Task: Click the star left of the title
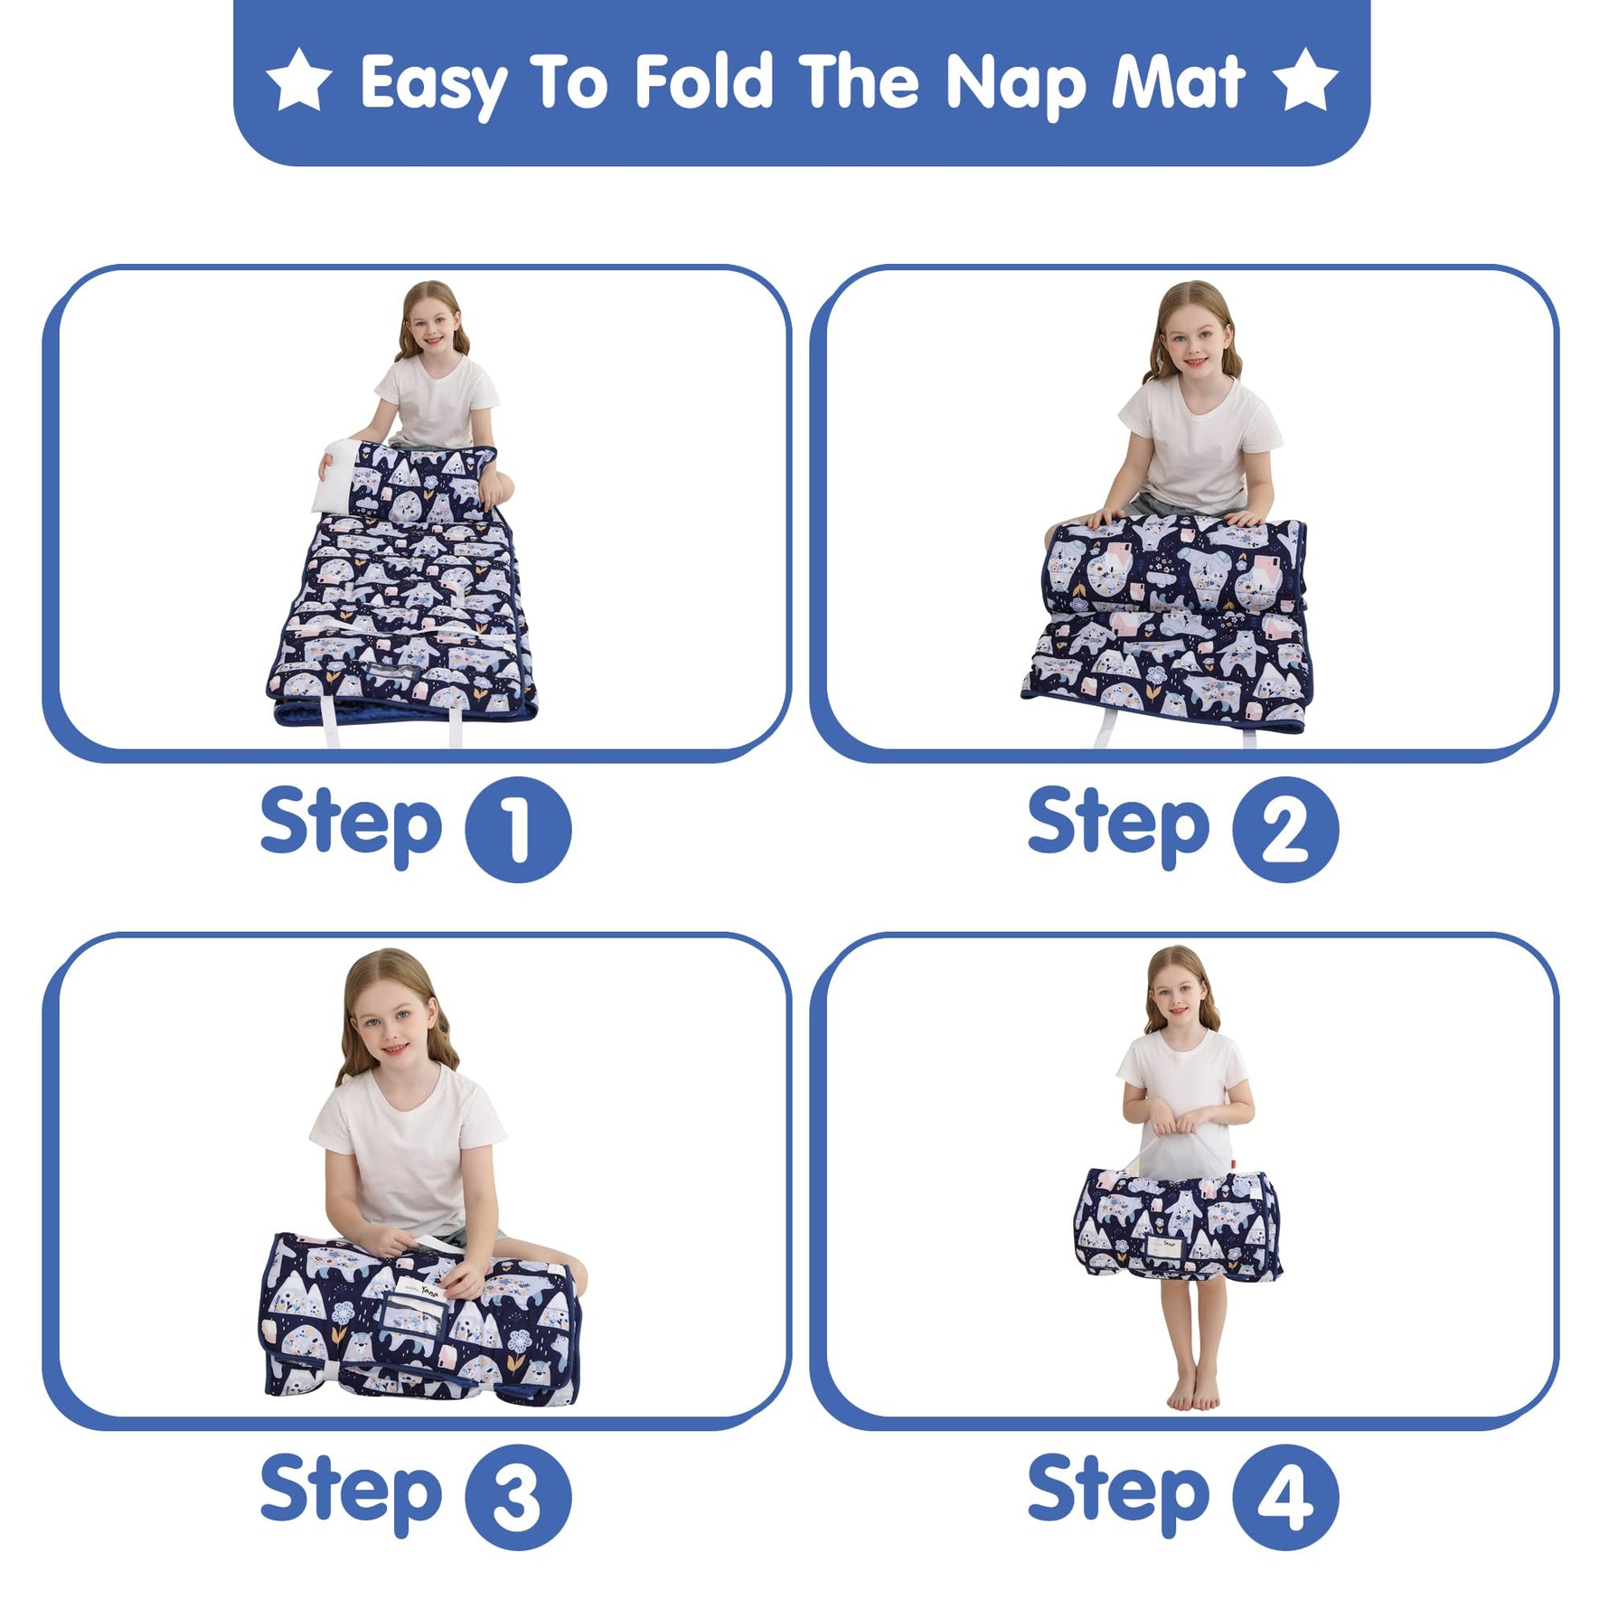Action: (x=299, y=80)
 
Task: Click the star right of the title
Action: (x=1305, y=80)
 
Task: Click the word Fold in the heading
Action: (x=704, y=81)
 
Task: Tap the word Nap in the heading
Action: (x=1016, y=85)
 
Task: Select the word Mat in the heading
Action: (x=1179, y=81)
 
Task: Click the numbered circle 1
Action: (x=518, y=829)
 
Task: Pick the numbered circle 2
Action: (x=1285, y=829)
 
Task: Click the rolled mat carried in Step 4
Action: (x=1178, y=1224)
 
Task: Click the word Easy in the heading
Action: (x=433, y=85)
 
